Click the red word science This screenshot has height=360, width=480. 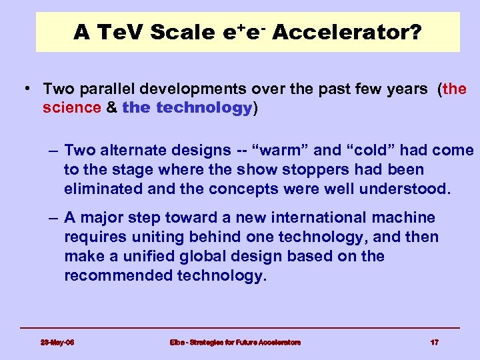point(71,108)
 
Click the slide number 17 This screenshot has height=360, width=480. point(434,342)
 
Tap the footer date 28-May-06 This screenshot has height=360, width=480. point(57,342)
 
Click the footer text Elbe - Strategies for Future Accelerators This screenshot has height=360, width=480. point(235,342)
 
